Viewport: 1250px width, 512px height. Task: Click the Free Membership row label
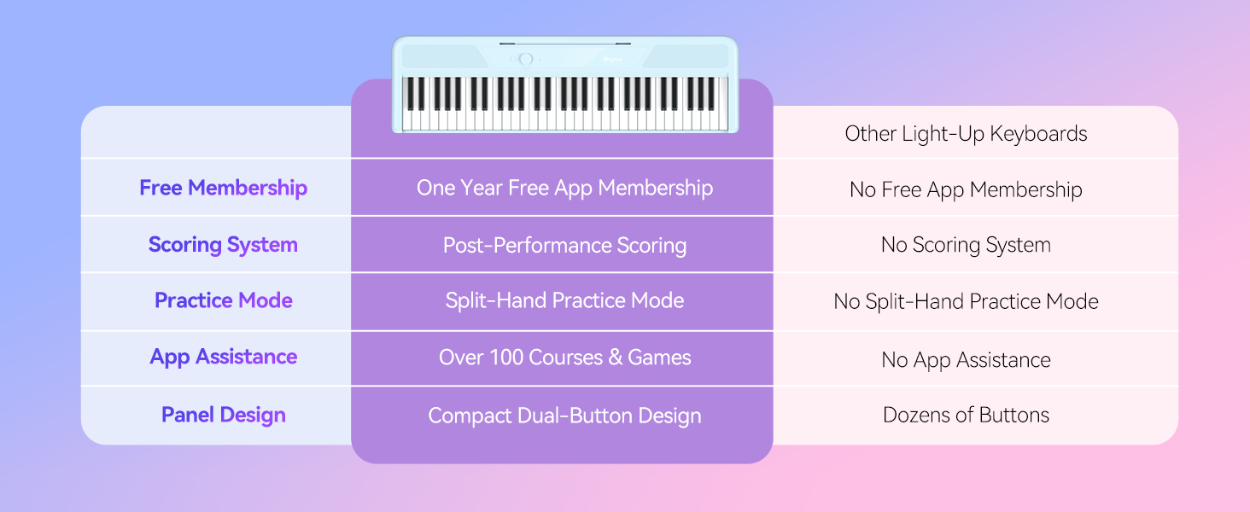pos(223,188)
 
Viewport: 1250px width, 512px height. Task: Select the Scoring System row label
pos(223,245)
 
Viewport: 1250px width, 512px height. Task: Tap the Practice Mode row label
pos(223,300)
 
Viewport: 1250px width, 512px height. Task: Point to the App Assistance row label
pos(223,357)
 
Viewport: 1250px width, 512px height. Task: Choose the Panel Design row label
pos(223,415)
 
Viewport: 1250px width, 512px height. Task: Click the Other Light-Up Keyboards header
pos(966,134)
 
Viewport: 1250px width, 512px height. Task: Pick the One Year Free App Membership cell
pos(564,188)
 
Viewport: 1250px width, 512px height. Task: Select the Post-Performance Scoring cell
pos(564,246)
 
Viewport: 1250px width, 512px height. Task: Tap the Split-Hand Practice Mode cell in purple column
pos(564,300)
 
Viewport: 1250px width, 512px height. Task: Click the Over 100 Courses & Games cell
pos(564,358)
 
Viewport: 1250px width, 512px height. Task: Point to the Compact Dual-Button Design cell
pos(564,416)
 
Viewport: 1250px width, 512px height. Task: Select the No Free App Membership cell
pos(966,190)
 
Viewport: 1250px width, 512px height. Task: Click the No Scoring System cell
pos(966,245)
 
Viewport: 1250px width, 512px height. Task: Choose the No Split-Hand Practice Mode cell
pos(966,302)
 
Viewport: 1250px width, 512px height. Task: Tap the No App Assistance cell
pos(966,360)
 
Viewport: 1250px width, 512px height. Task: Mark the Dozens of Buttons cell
pos(966,415)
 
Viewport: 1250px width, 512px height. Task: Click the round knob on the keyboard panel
pos(526,59)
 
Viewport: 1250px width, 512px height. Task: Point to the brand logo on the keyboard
pos(613,60)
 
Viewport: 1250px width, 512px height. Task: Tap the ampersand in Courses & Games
pos(615,358)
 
